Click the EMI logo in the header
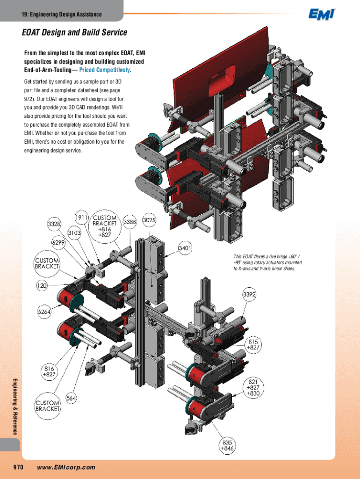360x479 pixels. coord(322,15)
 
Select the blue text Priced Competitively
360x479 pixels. coord(105,70)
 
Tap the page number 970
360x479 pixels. coord(18,467)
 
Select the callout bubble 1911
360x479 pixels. coord(82,218)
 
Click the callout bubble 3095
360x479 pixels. coord(149,220)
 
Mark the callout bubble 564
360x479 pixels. coord(71,399)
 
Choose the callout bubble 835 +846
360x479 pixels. coord(228,445)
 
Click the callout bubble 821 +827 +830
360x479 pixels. coord(254,388)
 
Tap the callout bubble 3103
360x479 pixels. coord(75,232)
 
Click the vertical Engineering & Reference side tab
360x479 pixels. coord(15,405)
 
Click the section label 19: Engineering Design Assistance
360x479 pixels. coord(61,15)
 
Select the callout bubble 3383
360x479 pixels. coord(130,223)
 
